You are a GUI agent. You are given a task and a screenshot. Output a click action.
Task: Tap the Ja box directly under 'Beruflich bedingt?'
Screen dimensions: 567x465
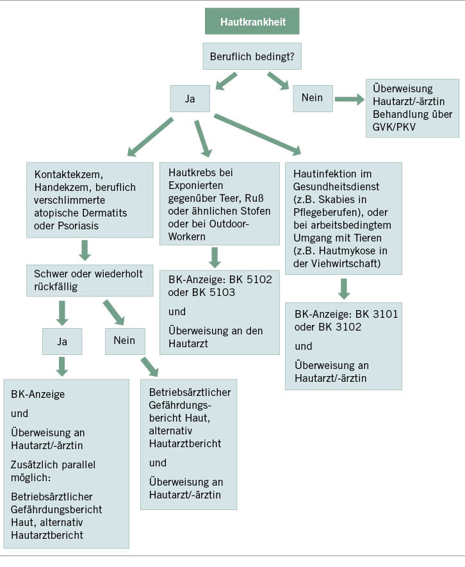tap(190, 99)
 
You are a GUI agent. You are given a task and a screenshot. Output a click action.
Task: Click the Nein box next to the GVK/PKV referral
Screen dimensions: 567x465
tap(313, 99)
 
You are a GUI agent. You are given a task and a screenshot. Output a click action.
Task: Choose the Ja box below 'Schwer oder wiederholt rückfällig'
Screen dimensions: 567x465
tap(62, 341)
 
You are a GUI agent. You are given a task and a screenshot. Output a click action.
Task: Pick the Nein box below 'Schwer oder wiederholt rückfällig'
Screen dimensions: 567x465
tap(125, 341)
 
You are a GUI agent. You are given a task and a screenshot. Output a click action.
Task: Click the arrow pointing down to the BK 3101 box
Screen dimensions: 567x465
tap(345, 288)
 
